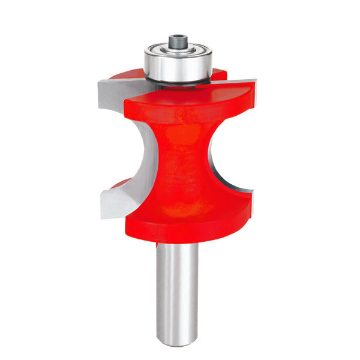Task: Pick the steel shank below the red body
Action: tap(178, 288)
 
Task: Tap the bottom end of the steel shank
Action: tap(178, 343)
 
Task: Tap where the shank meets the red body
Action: tap(178, 244)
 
